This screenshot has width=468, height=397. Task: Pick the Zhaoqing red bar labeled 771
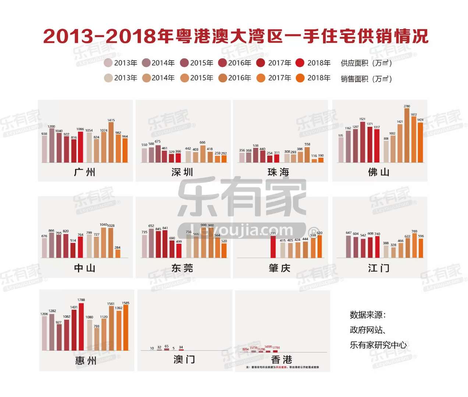(x=273, y=247)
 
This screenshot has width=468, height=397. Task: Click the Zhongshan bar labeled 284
(x=118, y=254)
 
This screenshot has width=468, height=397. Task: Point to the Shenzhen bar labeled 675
(x=158, y=154)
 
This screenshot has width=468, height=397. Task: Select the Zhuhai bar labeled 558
(x=307, y=155)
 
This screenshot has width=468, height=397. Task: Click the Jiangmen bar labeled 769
(x=414, y=246)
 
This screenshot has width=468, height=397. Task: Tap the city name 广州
(x=85, y=172)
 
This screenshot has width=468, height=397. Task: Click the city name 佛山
(x=379, y=172)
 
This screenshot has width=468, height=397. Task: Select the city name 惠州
(x=86, y=360)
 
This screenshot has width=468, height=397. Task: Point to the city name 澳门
(x=184, y=359)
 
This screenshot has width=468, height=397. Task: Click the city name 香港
(x=281, y=360)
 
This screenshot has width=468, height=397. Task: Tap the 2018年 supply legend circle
(x=300, y=63)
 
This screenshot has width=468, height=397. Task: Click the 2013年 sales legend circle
(x=108, y=78)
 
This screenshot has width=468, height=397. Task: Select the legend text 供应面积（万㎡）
(x=366, y=63)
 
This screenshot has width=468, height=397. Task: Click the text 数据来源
(x=368, y=315)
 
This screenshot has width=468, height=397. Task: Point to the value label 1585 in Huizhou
(x=125, y=303)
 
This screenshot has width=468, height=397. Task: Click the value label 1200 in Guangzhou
(x=51, y=126)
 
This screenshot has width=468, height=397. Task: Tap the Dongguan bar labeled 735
(x=145, y=246)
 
